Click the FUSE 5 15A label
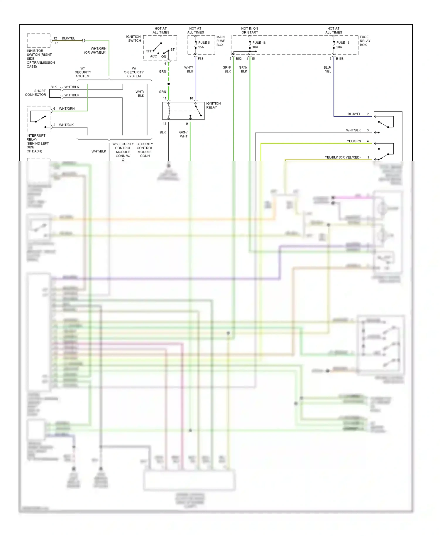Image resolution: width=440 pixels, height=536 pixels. [204, 45]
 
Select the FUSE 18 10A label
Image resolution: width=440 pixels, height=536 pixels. [259, 45]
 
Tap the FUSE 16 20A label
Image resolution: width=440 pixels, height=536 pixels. [343, 45]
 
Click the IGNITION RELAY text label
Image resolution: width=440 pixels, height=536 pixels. [213, 105]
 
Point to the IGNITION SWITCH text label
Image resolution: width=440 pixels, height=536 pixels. [134, 39]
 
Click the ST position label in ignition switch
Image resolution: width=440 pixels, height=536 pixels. [172, 50]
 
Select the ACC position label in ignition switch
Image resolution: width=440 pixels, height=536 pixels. [153, 56]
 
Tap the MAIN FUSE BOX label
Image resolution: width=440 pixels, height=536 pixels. [221, 41]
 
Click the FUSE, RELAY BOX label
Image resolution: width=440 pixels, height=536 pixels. [365, 41]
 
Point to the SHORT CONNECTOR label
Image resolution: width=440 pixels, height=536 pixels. [36, 93]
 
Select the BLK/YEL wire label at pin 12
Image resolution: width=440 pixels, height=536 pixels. [68, 38]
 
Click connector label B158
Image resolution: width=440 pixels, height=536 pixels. [340, 59]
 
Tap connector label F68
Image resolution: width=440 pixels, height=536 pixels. [200, 59]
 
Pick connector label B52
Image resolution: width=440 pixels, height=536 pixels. [239, 59]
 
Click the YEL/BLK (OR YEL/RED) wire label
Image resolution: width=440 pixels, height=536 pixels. [343, 157]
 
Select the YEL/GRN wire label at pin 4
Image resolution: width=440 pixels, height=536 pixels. [354, 141]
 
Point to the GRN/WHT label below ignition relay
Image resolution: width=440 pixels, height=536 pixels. [184, 134]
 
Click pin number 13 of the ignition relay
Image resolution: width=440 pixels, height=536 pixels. [165, 124]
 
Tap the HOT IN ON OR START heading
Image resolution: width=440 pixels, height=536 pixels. [250, 30]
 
